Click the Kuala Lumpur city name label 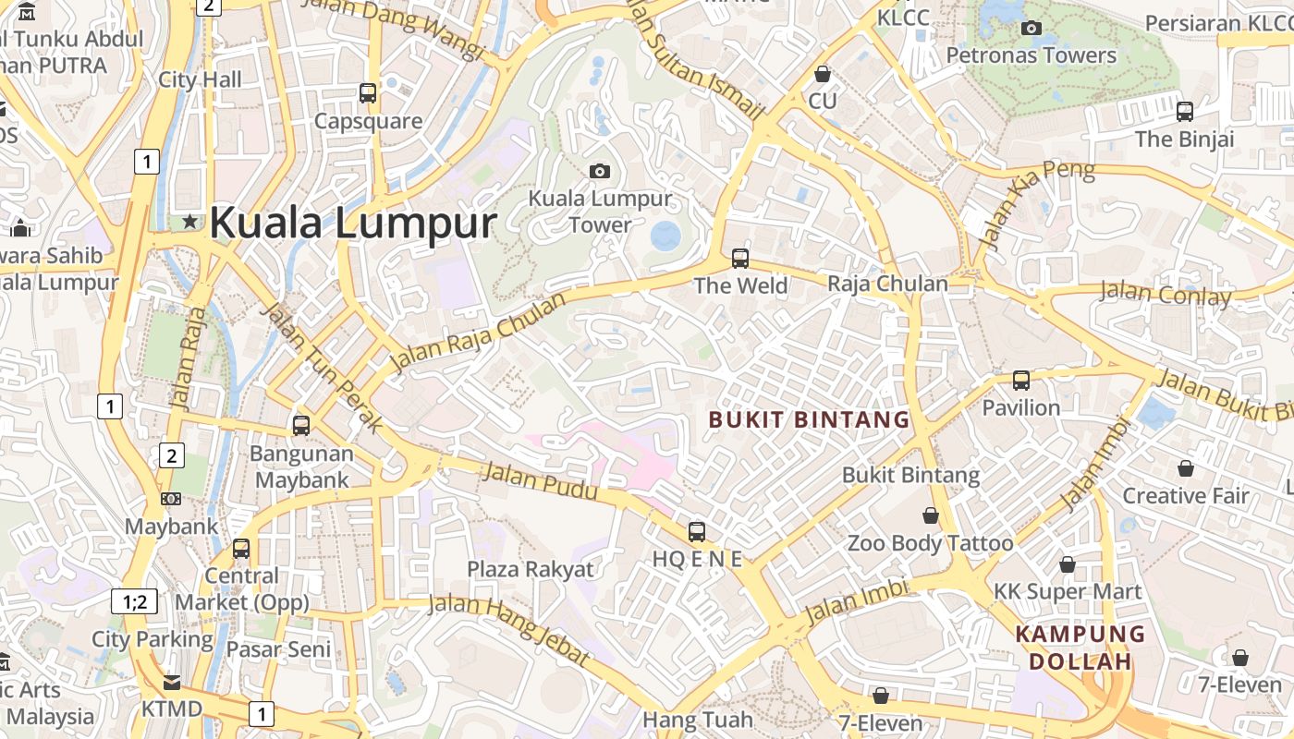point(353,224)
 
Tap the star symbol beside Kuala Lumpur point(190,221)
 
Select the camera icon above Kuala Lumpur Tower point(600,171)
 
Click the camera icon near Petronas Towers point(1032,28)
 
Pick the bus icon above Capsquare point(368,92)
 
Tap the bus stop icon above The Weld point(740,258)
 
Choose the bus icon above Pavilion point(1021,380)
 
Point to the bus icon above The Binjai point(1185,112)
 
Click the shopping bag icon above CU point(823,74)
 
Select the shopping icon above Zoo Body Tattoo point(931,515)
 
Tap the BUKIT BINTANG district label point(810,420)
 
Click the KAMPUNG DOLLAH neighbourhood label point(1080,648)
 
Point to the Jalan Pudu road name point(541,484)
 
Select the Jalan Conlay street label point(1166,295)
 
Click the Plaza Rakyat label point(531,569)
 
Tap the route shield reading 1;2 point(134,602)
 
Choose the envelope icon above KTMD point(172,683)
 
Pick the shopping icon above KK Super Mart point(1068,564)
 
